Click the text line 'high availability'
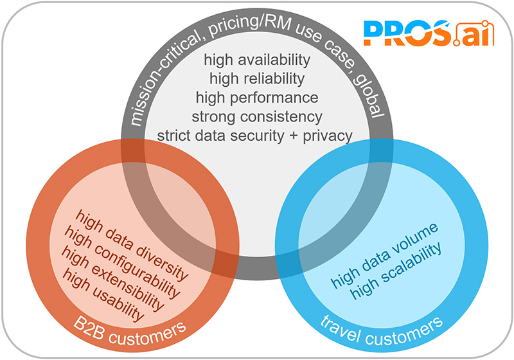tap(257, 60)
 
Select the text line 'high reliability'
tap(257, 79)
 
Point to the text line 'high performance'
tap(257, 98)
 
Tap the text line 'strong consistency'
tap(257, 117)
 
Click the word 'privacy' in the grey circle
tap(328, 136)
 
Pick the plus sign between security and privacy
tap(294, 136)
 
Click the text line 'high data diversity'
tap(132, 245)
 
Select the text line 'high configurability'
tap(123, 262)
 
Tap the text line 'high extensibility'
tap(113, 279)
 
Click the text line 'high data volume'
tap(384, 255)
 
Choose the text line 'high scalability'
tap(396, 271)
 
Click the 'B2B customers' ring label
tap(130, 332)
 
